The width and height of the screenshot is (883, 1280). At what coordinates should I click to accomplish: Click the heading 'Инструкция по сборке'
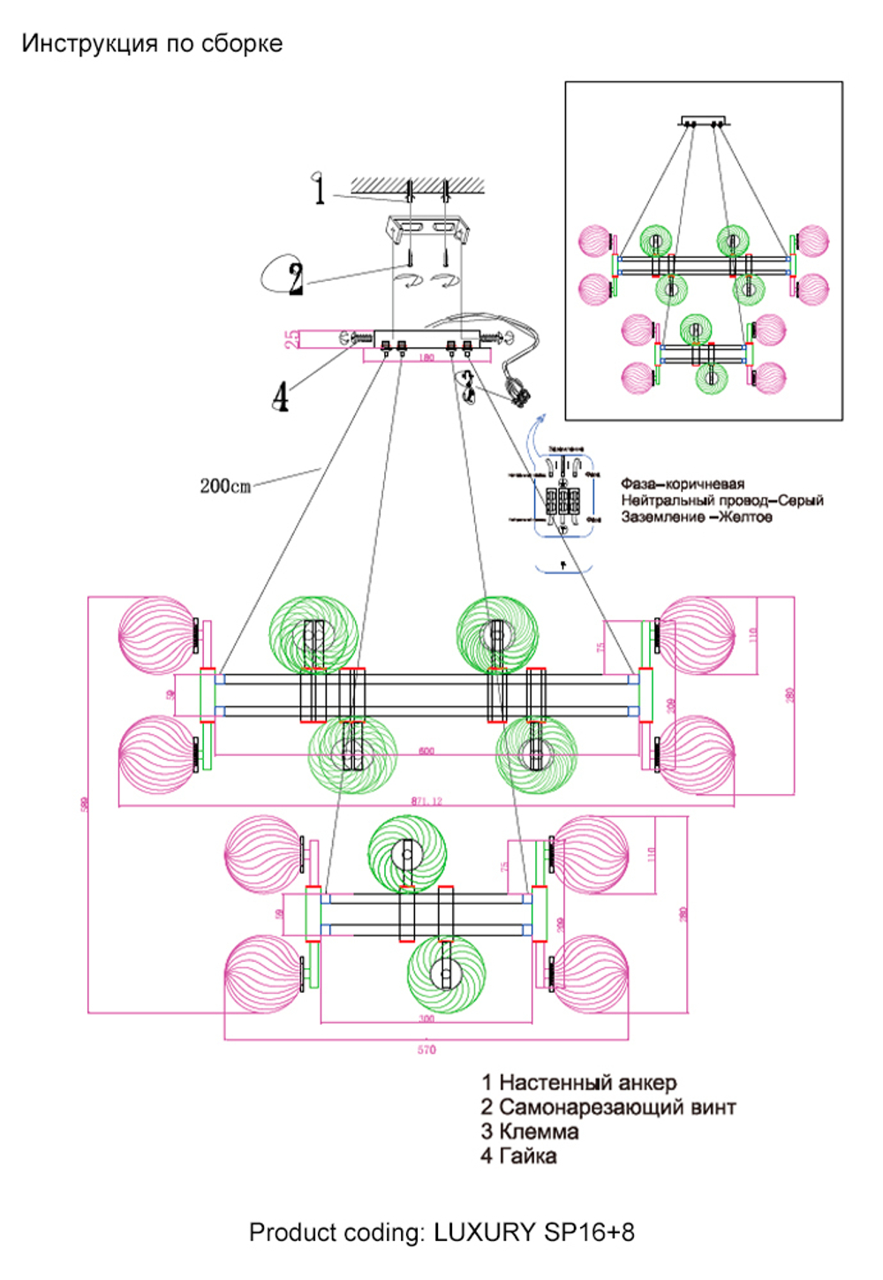pos(152,43)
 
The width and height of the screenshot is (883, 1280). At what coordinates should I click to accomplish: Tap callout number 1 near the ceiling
pos(319,189)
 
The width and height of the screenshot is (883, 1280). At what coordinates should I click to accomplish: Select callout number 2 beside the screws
pos(295,278)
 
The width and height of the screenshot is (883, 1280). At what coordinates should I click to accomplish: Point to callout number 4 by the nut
pos(280,397)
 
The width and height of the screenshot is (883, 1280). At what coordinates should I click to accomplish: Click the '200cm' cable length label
pos(225,486)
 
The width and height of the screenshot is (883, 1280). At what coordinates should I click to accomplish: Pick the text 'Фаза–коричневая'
pos(682,484)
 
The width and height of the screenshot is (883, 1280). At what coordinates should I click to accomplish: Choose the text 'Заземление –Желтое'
pos(696,517)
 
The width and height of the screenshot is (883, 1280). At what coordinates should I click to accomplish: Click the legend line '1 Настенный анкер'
pos(578,1082)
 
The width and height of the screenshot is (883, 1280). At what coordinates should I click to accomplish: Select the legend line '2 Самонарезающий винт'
pos(608,1107)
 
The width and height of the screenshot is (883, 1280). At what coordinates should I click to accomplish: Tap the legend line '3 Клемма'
pos(530,1132)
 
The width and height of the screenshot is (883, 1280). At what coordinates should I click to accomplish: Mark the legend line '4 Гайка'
pos(518,1156)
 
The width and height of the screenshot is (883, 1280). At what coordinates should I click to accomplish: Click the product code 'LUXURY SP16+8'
pos(533,1232)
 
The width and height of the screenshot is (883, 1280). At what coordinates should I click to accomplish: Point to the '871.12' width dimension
pos(426,801)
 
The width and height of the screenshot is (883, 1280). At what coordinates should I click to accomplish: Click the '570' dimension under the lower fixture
pos(426,1049)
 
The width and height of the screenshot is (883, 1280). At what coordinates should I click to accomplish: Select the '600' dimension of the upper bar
pos(426,751)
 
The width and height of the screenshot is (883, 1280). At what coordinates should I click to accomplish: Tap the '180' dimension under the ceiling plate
pos(426,359)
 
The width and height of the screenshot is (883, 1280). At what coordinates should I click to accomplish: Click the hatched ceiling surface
pos(418,185)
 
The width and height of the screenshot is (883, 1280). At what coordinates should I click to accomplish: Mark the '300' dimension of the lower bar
pos(426,1019)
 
